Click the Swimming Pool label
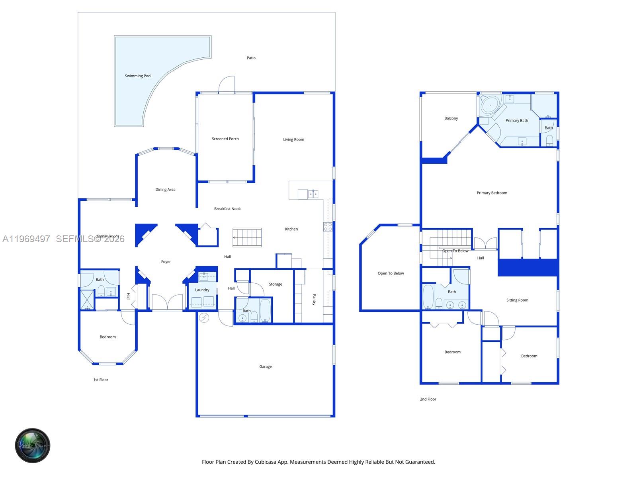click(138, 76)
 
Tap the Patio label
click(251, 58)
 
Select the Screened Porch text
click(225, 139)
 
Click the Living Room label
click(293, 140)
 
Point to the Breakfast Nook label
click(227, 209)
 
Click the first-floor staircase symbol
click(247, 237)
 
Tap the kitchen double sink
click(313, 194)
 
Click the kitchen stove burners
click(328, 227)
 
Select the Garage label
click(266, 366)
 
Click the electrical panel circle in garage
click(204, 318)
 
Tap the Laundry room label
click(202, 290)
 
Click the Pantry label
click(314, 300)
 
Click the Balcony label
click(451, 118)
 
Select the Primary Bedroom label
click(492, 193)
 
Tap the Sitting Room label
click(517, 300)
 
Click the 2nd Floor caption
click(428, 399)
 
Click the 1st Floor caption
click(101, 380)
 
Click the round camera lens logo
click(33, 445)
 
